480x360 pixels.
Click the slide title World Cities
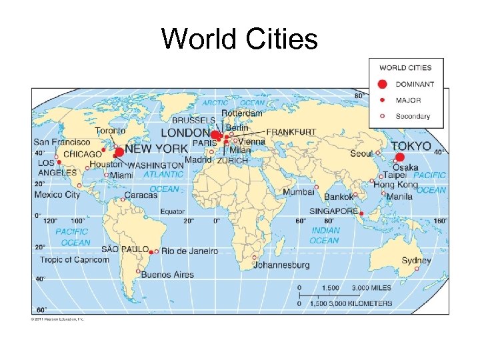tap(239, 39)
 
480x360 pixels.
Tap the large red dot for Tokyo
tap(400, 158)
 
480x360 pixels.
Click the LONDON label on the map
tap(185, 133)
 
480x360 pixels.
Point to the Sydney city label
tap(416, 261)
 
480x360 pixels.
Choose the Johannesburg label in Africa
tap(281, 265)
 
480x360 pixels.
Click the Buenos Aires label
tap(170, 275)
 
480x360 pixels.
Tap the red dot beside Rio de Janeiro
tap(153, 252)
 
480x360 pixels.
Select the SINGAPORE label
tap(333, 211)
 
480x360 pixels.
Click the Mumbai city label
tap(298, 191)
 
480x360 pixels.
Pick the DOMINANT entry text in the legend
tap(415, 84)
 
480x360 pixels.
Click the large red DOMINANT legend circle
tap(382, 84)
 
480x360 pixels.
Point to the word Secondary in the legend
tap(413, 116)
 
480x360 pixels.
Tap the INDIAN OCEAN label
tap(325, 235)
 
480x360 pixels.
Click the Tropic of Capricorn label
tap(74, 259)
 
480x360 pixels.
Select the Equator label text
tap(172, 211)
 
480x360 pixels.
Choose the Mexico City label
tap(57, 195)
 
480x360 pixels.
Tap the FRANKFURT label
tap(291, 132)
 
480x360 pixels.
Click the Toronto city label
tap(110, 131)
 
